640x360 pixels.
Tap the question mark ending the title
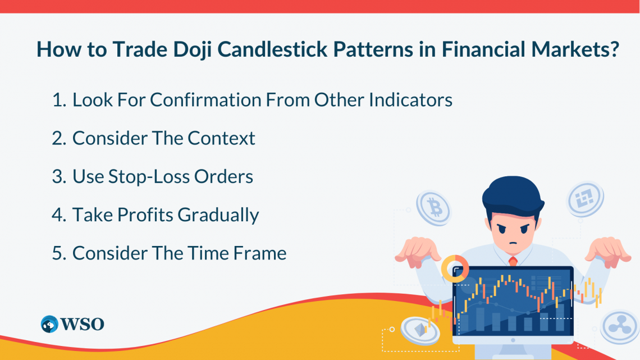615,49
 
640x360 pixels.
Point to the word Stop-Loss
149,177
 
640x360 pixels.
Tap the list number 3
59,177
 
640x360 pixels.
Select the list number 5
59,253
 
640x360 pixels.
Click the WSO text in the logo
83,325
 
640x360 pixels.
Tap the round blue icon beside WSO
50,324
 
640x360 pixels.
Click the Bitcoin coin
434,208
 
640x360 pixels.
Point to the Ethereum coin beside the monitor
420,330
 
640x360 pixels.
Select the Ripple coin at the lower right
620,326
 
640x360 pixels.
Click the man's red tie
513,261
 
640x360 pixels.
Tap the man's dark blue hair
513,196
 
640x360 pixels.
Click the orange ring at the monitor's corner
455,269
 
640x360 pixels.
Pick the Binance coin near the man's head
586,199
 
